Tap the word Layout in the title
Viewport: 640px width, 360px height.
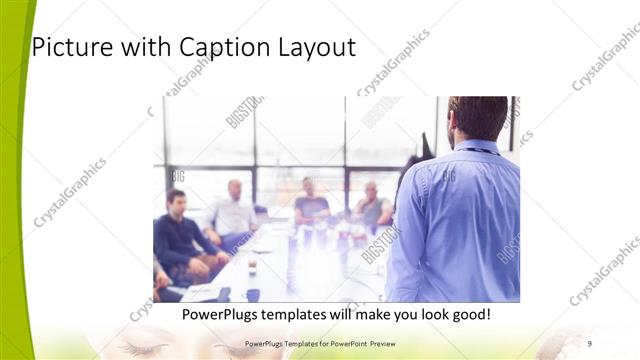[318, 47]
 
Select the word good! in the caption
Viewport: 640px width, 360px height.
[466, 314]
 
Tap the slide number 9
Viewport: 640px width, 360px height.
[590, 344]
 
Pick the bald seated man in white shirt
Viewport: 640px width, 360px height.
[234, 210]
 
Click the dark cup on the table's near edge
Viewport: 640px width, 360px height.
[252, 294]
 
